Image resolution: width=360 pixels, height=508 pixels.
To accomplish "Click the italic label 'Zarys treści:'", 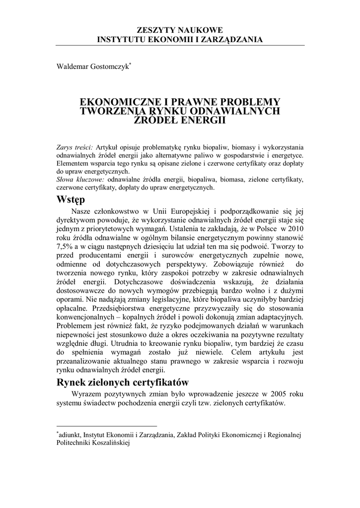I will click(75, 147).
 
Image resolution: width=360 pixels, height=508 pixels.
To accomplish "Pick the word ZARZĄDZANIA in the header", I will click(233, 40).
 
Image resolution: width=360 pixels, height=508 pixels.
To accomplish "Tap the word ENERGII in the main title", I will click(204, 120).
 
